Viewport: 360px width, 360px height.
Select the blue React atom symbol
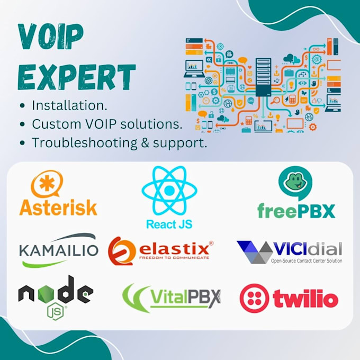[x=169, y=190]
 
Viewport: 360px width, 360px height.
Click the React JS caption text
[x=169, y=224]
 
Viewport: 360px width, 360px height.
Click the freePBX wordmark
[x=296, y=210]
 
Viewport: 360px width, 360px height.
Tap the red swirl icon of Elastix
[x=121, y=250]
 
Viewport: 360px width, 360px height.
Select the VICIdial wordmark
[x=307, y=248]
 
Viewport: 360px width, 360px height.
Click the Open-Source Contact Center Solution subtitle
[x=306, y=260]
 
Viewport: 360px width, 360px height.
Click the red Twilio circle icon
[x=254, y=299]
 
